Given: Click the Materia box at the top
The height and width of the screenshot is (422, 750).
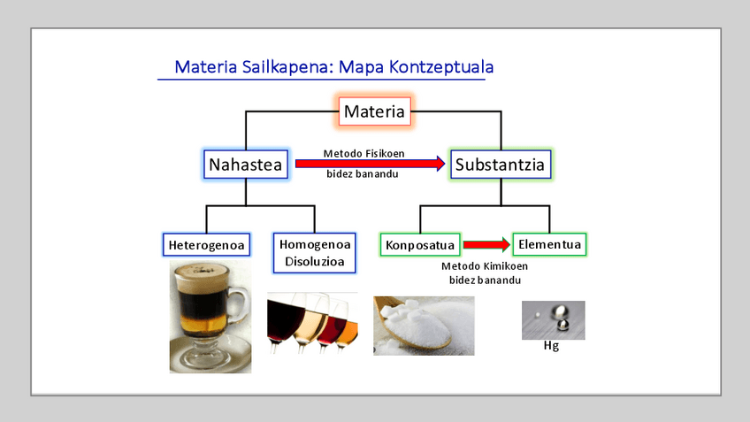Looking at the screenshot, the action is pyautogui.click(x=374, y=111).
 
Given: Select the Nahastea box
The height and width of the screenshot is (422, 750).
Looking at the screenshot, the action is pyautogui.click(x=245, y=164).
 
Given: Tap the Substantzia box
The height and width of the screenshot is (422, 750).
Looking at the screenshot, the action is pyautogui.click(x=501, y=164).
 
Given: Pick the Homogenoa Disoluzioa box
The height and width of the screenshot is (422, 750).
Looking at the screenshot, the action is pyautogui.click(x=315, y=253).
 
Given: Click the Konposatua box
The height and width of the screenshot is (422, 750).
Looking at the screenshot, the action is pyautogui.click(x=420, y=244).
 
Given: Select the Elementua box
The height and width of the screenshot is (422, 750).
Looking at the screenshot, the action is pyautogui.click(x=550, y=243).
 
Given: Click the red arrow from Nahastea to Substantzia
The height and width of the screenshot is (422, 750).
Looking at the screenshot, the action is pyautogui.click(x=370, y=164).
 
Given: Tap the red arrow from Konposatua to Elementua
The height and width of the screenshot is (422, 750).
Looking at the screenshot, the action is pyautogui.click(x=486, y=244).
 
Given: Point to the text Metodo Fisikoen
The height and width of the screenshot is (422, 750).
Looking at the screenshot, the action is pyautogui.click(x=364, y=153).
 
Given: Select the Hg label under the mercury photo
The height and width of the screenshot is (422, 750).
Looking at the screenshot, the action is pyautogui.click(x=551, y=346).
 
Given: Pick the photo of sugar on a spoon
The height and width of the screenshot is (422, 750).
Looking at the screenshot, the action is pyautogui.click(x=423, y=325).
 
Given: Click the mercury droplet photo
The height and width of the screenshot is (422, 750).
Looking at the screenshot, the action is pyautogui.click(x=552, y=319).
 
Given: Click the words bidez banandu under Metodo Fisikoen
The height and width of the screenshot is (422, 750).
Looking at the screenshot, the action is pyautogui.click(x=363, y=174).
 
